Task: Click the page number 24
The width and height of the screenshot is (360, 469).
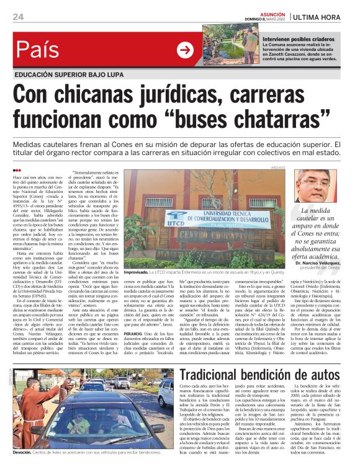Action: (x=18, y=16)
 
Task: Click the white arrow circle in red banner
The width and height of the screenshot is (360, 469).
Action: (x=185, y=50)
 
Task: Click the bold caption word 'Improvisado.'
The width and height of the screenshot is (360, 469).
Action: (x=143, y=290)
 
